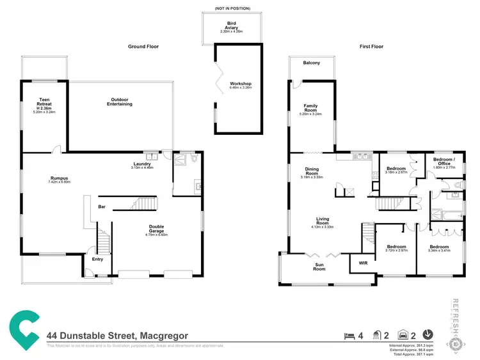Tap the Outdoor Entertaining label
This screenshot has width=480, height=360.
120,102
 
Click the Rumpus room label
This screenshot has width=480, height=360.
60,179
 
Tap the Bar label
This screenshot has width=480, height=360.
102,207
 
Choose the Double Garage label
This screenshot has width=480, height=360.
157,228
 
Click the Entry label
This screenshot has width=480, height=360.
97,259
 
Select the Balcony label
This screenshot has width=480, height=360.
311,63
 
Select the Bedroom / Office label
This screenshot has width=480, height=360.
444,161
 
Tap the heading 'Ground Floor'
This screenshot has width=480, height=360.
143,47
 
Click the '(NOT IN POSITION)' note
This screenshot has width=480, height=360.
232,9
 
